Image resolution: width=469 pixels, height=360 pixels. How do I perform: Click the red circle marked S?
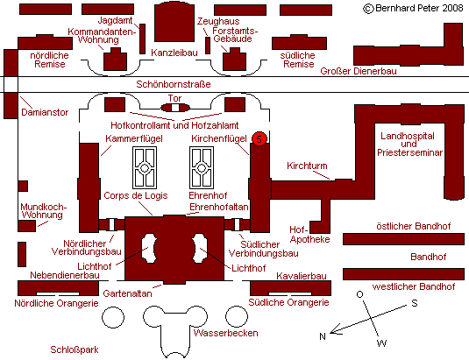pyautogui.click(x=259, y=138)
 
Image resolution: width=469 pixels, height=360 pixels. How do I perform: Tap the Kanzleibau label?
pyautogui.click(x=174, y=53)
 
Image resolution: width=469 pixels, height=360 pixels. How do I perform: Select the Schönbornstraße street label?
pyautogui.click(x=174, y=84)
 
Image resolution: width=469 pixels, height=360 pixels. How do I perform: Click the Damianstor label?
pyautogui.click(x=45, y=112)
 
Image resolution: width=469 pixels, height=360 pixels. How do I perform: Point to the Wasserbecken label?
pyautogui.click(x=225, y=333)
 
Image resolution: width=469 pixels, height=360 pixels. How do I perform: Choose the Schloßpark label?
pyautogui.click(x=75, y=349)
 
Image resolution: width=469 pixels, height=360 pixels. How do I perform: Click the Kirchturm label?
pyautogui.click(x=307, y=166)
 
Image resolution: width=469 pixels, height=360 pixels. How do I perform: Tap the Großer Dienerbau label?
pyautogui.click(x=359, y=71)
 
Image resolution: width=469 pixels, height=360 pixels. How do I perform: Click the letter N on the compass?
pyautogui.click(x=323, y=336)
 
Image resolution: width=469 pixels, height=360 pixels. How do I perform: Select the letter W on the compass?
pyautogui.click(x=382, y=343)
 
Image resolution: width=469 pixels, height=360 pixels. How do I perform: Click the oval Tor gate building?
pyautogui.click(x=175, y=108)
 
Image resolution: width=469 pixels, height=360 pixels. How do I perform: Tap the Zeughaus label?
pyautogui.click(x=218, y=21)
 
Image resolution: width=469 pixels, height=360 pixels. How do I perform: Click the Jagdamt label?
pyautogui.click(x=115, y=20)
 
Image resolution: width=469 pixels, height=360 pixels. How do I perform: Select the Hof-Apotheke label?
pyautogui.click(x=309, y=234)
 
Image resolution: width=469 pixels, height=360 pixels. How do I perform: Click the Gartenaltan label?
pyautogui.click(x=127, y=293)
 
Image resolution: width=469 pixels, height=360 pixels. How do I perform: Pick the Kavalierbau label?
pyautogui.click(x=302, y=276)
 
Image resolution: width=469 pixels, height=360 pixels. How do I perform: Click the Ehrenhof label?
pyautogui.click(x=208, y=195)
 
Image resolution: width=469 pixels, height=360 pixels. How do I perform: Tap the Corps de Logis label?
pyautogui.click(x=136, y=195)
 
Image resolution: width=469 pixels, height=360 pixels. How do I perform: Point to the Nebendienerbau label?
pyautogui.click(x=65, y=275)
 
